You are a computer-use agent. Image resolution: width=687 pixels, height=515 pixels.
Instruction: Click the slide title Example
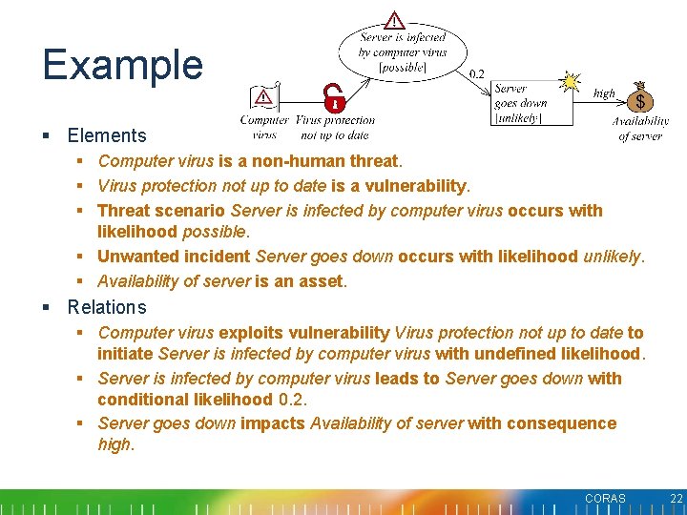122,65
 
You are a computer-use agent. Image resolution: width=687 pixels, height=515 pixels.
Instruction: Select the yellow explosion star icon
571,81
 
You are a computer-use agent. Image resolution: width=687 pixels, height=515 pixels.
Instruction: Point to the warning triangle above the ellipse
395,20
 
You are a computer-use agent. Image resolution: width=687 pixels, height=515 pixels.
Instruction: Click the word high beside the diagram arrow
604,93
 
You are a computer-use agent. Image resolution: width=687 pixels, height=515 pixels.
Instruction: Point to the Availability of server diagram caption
640,129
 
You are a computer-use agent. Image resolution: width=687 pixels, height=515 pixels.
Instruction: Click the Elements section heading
107,135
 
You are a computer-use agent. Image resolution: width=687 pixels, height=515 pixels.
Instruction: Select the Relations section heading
107,307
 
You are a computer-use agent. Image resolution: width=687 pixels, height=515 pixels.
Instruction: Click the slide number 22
677,499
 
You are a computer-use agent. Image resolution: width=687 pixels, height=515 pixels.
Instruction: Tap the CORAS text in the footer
605,499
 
